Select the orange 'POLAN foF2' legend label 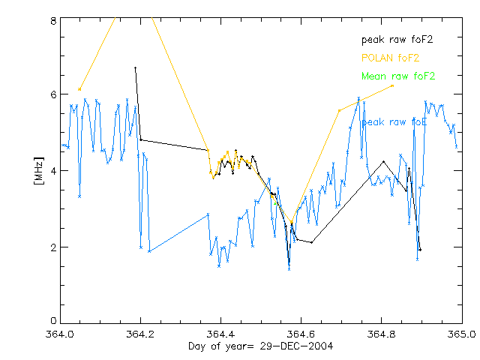point(391,58)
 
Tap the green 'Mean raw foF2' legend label point(398,76)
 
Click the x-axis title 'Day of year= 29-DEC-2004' point(261,346)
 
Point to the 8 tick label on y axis point(53,21)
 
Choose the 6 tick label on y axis point(53,94)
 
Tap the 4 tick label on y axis point(53,171)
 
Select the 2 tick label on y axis point(53,247)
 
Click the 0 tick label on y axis point(53,322)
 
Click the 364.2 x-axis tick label point(140,334)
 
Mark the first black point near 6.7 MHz point(135,68)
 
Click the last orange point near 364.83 point(393,85)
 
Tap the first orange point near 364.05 point(79,89)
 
